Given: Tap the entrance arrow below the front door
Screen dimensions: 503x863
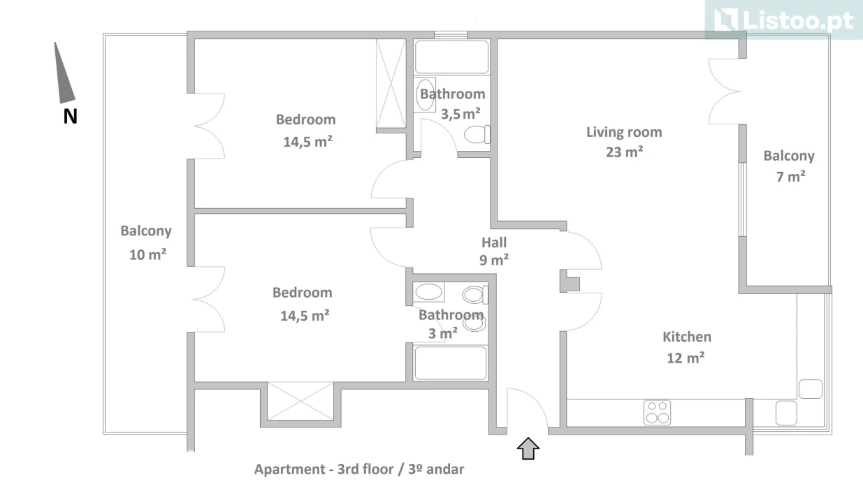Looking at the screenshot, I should pyautogui.click(x=528, y=448).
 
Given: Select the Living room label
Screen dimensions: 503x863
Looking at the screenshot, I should pyautogui.click(x=623, y=132).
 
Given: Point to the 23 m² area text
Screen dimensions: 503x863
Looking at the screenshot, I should pyautogui.click(x=624, y=152).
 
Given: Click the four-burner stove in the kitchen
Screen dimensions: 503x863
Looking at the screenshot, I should pyautogui.click(x=657, y=411).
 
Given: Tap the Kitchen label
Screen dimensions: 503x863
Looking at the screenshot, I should pyautogui.click(x=686, y=337).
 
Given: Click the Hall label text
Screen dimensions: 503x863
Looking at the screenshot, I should pyautogui.click(x=494, y=243).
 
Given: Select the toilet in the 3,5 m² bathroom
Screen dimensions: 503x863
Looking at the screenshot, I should pyautogui.click(x=477, y=134).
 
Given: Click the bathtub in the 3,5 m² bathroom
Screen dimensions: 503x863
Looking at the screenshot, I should pyautogui.click(x=451, y=57).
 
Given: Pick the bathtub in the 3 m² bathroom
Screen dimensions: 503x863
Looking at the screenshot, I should pyautogui.click(x=450, y=363).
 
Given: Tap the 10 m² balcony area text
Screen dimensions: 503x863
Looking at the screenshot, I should pyautogui.click(x=147, y=254).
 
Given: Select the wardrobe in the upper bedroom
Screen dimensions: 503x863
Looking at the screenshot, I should pyautogui.click(x=390, y=84).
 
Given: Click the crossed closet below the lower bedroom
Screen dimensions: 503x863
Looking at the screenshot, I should pyautogui.click(x=300, y=401).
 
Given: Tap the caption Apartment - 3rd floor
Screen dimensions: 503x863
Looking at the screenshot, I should pyautogui.click(x=358, y=469).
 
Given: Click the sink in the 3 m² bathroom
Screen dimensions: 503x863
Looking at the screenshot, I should pyautogui.click(x=428, y=292).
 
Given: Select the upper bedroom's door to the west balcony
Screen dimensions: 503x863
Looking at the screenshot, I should pyautogui.click(x=209, y=126).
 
